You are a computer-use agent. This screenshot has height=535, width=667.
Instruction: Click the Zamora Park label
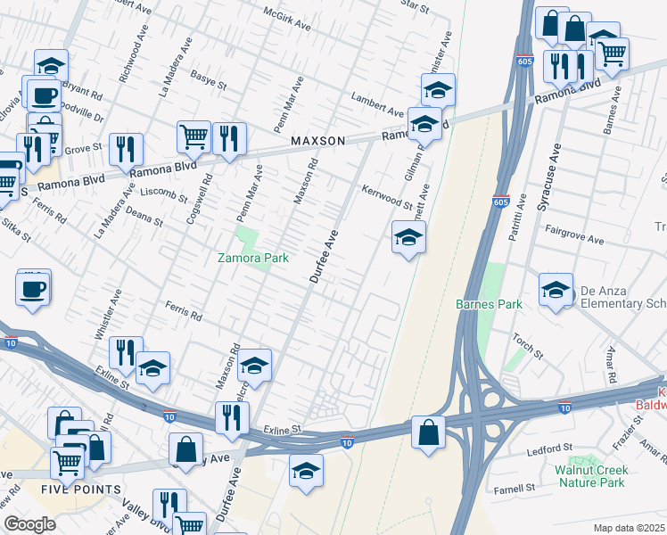pos(254,258)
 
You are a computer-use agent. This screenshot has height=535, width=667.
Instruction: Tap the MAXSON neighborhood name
pos(317,142)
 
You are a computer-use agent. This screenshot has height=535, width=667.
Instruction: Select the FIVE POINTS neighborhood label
pos(80,490)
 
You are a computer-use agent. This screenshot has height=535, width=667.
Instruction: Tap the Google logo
pos(29,524)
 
